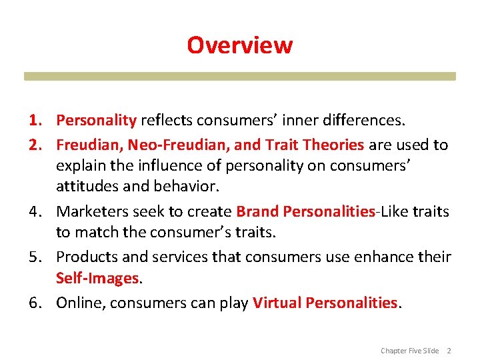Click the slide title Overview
239,45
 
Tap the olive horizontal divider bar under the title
239,77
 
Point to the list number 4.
36,211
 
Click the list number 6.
36,303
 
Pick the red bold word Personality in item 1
96,120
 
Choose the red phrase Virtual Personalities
325,303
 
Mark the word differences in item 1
367,120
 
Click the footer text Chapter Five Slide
409,351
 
